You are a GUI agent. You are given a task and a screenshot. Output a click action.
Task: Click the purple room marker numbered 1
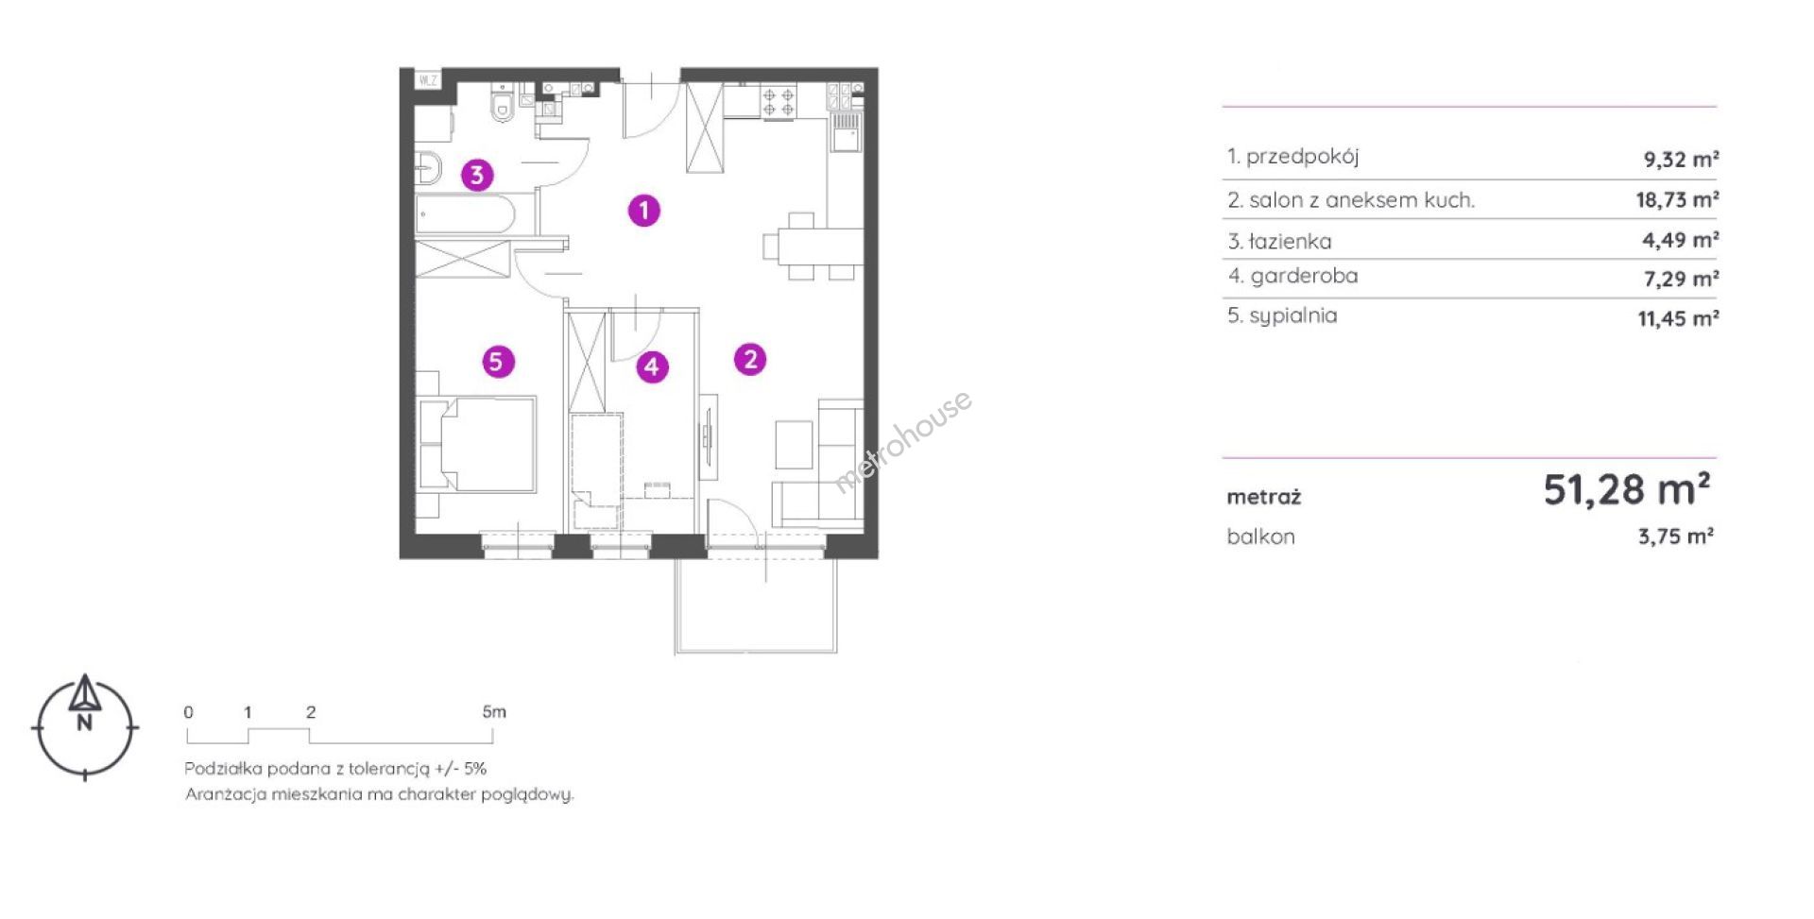tap(644, 210)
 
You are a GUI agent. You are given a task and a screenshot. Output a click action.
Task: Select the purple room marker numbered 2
tap(750, 359)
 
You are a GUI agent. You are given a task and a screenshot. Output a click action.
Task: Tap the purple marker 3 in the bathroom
tap(477, 175)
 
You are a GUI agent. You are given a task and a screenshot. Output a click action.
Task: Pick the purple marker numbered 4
tap(652, 366)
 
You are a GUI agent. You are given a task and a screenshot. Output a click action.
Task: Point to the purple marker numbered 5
tap(498, 361)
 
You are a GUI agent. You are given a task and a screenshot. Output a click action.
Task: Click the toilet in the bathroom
tap(503, 104)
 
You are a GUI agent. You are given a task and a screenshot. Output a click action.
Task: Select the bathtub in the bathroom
tap(465, 213)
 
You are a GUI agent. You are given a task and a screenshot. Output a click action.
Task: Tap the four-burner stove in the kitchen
tap(779, 101)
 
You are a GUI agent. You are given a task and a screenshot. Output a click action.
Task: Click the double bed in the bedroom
tap(478, 444)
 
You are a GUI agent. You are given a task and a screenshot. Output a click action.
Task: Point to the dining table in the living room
tap(813, 247)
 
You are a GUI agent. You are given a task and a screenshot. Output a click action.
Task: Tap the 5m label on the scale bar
tap(494, 711)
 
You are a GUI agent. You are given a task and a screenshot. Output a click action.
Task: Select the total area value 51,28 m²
tap(1626, 489)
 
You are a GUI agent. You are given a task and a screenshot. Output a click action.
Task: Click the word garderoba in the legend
tap(1304, 276)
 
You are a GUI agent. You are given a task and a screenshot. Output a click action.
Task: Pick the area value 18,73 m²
tap(1677, 199)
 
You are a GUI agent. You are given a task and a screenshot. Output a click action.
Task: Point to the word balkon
tap(1260, 536)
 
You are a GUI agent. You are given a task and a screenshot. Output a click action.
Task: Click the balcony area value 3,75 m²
tap(1676, 536)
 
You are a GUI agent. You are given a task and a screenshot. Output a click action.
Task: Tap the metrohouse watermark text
tap(902, 442)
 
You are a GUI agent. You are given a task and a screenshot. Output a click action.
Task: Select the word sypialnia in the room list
tap(1293, 316)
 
